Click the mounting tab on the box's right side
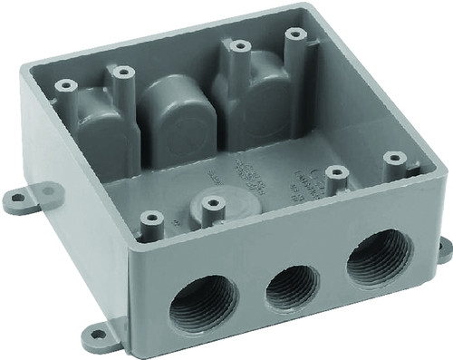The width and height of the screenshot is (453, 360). pos(444,248)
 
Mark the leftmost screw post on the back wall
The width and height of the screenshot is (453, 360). pos(63,87)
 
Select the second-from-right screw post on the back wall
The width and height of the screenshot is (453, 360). pos(238,46)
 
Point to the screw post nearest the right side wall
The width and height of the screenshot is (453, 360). pos(394,160)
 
